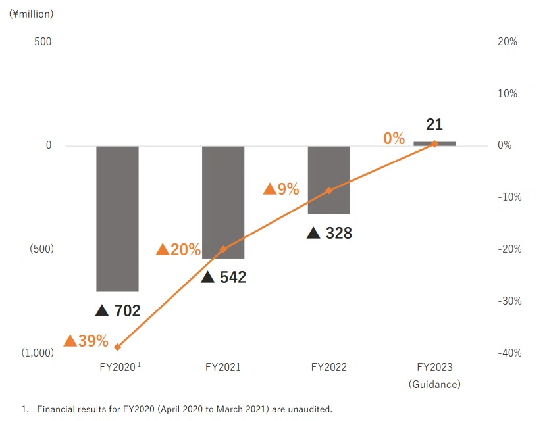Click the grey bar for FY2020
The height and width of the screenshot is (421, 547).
click(118, 218)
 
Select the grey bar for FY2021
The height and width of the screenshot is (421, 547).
click(223, 202)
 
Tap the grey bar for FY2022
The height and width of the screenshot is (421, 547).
click(329, 180)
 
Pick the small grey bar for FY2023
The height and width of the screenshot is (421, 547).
click(434, 143)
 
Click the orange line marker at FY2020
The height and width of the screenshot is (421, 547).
click(118, 347)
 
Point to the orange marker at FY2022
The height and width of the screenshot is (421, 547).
click(329, 190)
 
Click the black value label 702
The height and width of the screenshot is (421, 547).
click(118, 310)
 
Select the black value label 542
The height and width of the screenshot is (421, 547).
click(224, 277)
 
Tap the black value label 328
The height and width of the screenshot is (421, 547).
click(329, 233)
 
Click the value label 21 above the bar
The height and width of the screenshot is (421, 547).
click(434, 124)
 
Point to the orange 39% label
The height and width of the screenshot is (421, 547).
click(86, 341)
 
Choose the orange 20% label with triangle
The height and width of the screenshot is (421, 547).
click(178, 249)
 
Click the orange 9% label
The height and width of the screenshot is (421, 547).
click(281, 189)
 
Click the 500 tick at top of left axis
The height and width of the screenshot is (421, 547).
click(43, 42)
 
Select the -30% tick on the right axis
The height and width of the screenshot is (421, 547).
click(509, 301)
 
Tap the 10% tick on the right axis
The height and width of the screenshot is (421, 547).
click(508, 93)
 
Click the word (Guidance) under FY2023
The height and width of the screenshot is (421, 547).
click(434, 384)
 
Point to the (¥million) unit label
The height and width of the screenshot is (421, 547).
click(32, 14)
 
